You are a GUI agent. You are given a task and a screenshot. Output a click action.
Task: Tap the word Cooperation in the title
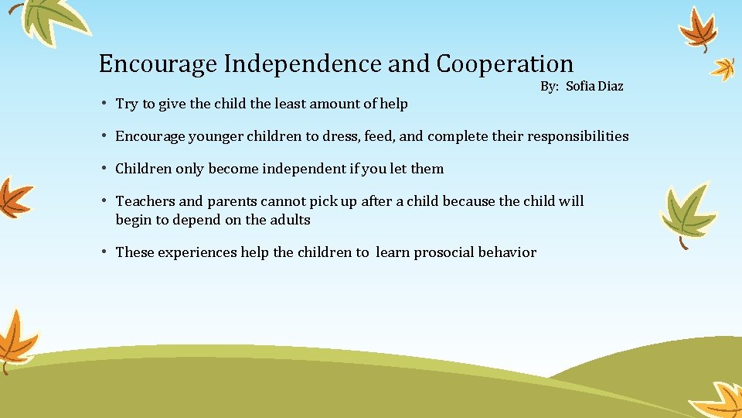pos(505,64)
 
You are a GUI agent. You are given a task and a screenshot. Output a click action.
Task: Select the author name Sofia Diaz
pos(594,86)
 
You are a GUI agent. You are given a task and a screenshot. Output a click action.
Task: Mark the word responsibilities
pos(578,136)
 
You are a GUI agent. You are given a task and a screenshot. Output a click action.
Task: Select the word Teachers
pos(145,201)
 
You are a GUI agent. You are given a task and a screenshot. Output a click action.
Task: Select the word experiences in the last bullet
pos(197,252)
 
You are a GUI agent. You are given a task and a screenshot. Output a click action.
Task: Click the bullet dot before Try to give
pos(104,104)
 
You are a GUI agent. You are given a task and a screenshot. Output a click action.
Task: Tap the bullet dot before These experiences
pos(104,252)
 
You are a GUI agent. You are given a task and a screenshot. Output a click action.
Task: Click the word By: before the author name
pos(550,86)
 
